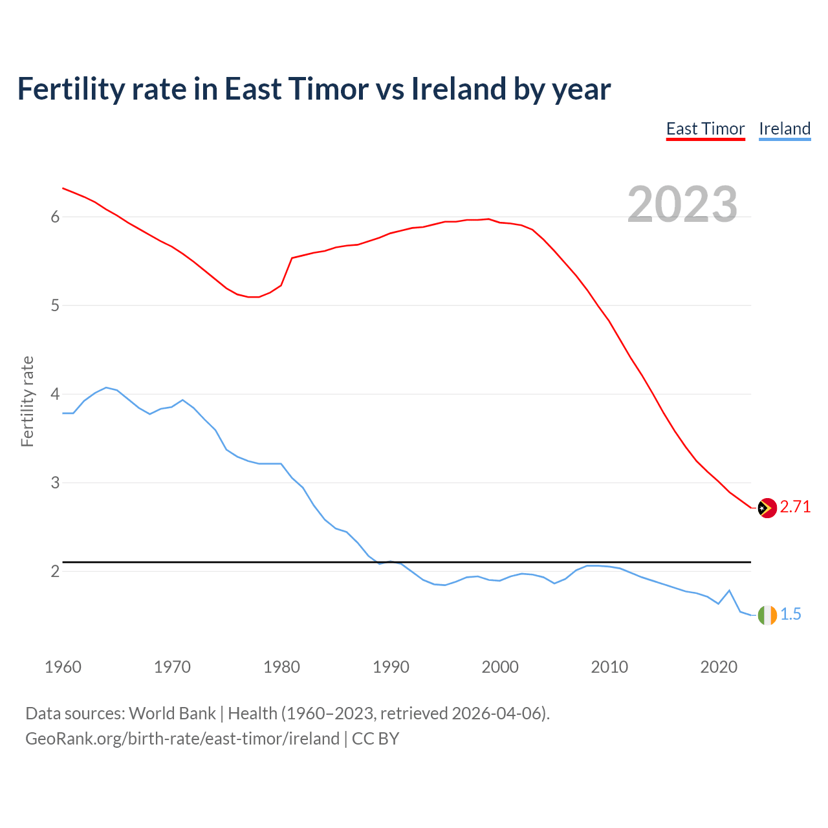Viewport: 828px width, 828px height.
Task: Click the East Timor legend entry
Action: (705, 129)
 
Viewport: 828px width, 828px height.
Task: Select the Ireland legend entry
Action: (784, 129)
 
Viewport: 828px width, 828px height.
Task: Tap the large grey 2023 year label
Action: (682, 204)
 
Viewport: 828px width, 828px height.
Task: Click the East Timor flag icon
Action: (767, 508)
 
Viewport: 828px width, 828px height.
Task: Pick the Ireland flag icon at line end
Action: (767, 615)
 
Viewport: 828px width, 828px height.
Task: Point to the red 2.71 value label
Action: (795, 507)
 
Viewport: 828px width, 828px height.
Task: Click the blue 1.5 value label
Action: (790, 615)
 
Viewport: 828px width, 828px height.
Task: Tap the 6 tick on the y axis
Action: (55, 217)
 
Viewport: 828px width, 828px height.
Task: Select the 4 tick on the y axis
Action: (55, 395)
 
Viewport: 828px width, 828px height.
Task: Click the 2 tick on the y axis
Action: (55, 572)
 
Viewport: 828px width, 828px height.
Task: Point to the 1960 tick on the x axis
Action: (63, 667)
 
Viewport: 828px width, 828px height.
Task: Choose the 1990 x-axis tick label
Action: (391, 667)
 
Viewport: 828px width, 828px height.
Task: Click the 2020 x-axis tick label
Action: (719, 667)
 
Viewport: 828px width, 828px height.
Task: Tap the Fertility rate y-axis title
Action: (27, 401)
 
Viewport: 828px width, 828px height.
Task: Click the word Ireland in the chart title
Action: (459, 89)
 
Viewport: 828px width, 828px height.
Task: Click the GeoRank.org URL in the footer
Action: (182, 739)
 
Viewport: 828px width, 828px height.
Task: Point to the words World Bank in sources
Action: (172, 714)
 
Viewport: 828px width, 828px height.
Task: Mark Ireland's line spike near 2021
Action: (729, 591)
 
